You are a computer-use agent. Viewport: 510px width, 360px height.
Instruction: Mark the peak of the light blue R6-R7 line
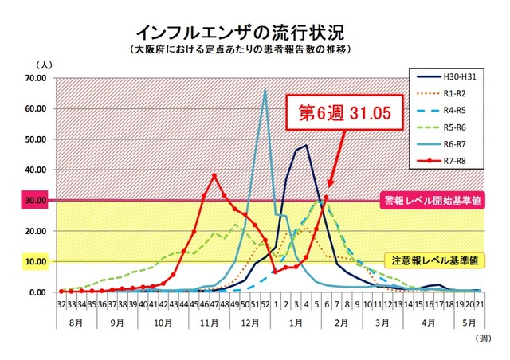[x=265, y=90]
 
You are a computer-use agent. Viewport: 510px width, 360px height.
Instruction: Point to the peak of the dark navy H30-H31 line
[x=307, y=145]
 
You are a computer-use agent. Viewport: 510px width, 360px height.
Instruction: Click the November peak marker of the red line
[x=214, y=175]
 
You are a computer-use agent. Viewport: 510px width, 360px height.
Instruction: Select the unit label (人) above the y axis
[x=41, y=64]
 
